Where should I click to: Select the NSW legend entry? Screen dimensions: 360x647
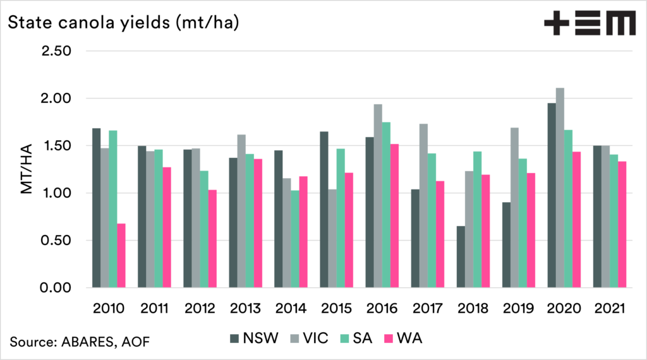point(253,340)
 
